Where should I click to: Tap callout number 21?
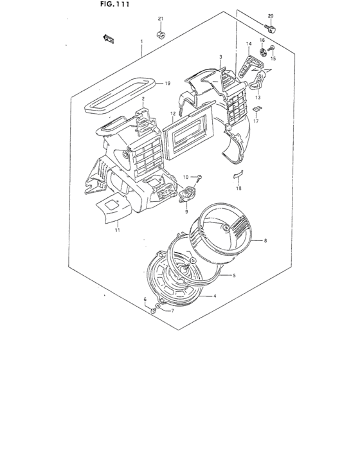click(161, 18)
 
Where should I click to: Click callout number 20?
click(270, 15)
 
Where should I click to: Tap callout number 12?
click(173, 114)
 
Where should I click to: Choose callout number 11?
click(118, 230)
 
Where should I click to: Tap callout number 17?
click(255, 120)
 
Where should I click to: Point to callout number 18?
click(238, 189)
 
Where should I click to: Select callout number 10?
click(184, 176)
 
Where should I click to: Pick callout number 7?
click(172, 310)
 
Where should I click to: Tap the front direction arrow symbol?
click(108, 40)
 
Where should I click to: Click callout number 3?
click(221, 57)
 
